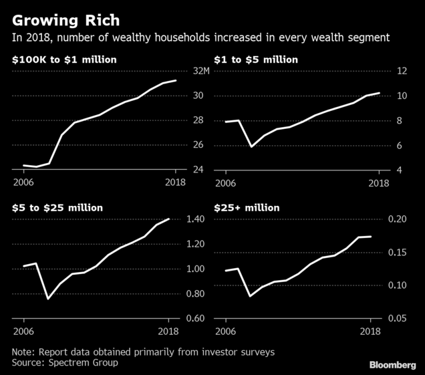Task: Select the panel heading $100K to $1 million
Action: [x=63, y=60]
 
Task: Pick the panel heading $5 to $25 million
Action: [x=57, y=208]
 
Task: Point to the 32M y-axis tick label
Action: [x=201, y=71]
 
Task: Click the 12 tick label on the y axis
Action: [x=403, y=71]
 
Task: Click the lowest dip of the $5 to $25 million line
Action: [x=47, y=298]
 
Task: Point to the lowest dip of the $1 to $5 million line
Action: [x=251, y=146]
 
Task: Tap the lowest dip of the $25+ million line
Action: [x=249, y=295]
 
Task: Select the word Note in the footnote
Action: [x=23, y=352]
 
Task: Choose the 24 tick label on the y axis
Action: [x=198, y=170]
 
